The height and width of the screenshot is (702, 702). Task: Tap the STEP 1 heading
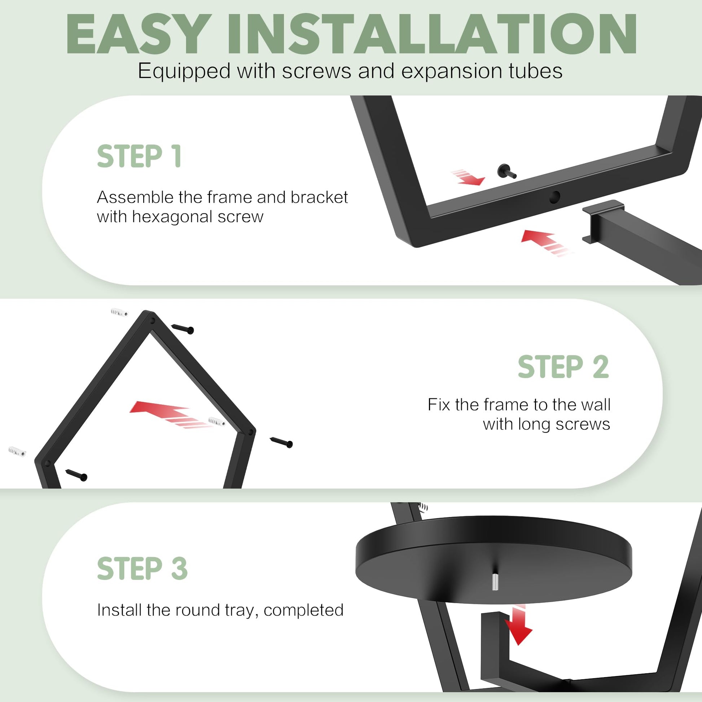pos(139,156)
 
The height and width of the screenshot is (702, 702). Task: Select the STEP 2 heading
pos(563,367)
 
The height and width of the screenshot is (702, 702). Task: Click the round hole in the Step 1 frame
pos(554,197)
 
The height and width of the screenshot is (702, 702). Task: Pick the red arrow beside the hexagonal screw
pos(468,177)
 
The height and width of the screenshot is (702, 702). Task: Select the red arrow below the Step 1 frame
pos(547,242)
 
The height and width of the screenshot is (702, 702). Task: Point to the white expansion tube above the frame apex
pos(119,312)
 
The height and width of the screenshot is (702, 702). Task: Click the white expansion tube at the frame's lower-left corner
pos(17,452)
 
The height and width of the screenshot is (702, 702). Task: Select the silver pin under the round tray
pos(495,582)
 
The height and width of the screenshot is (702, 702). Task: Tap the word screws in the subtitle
pos(316,71)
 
